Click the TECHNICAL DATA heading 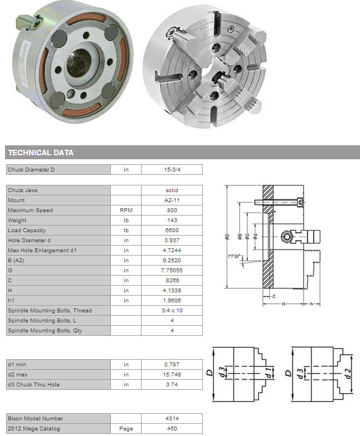41,153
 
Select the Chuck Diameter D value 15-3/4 172,170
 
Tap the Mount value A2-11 172,200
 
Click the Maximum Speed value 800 172,210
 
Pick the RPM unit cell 126,210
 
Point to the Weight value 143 172,220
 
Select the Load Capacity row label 27,230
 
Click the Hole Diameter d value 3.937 172,240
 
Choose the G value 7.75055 172,270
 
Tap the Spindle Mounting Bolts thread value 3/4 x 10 172,310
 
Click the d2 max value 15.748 172,375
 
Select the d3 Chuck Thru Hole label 33,385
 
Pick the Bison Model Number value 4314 172,419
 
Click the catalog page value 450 172,429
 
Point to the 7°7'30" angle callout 233,256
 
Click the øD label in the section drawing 227,236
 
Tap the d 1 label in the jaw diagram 268,373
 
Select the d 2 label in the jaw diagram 348,373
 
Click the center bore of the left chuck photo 79,63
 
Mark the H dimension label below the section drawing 284,304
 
